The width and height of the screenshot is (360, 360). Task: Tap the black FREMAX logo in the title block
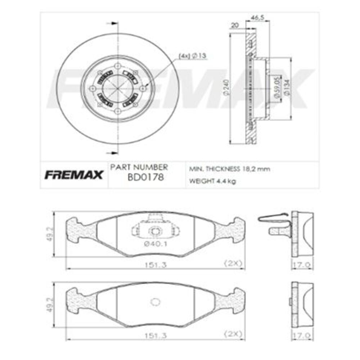[74, 175]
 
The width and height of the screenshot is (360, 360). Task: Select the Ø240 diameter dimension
[226, 87]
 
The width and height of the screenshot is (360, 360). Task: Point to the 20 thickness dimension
[235, 25]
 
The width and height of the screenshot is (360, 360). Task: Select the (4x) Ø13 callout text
[193, 56]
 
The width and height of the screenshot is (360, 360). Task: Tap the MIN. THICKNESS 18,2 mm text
[230, 169]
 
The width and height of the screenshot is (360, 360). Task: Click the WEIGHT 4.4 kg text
[212, 181]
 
